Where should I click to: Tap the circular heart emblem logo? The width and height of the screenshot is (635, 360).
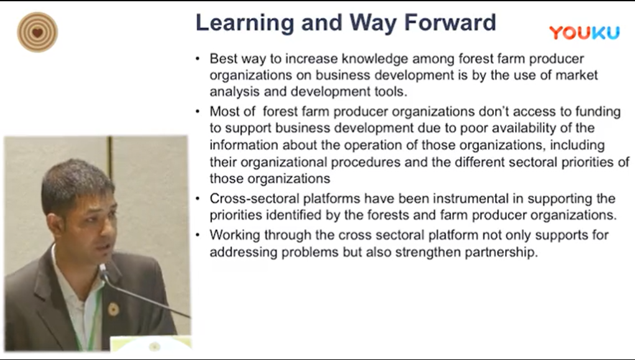pos(37,32)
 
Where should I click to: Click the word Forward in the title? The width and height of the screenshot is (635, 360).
pos(450,22)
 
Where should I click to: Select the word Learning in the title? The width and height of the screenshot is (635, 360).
pos(245,23)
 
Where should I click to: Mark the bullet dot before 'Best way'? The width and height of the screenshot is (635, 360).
pos(198,59)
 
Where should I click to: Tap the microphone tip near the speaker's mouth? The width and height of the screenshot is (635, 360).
pos(103,269)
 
